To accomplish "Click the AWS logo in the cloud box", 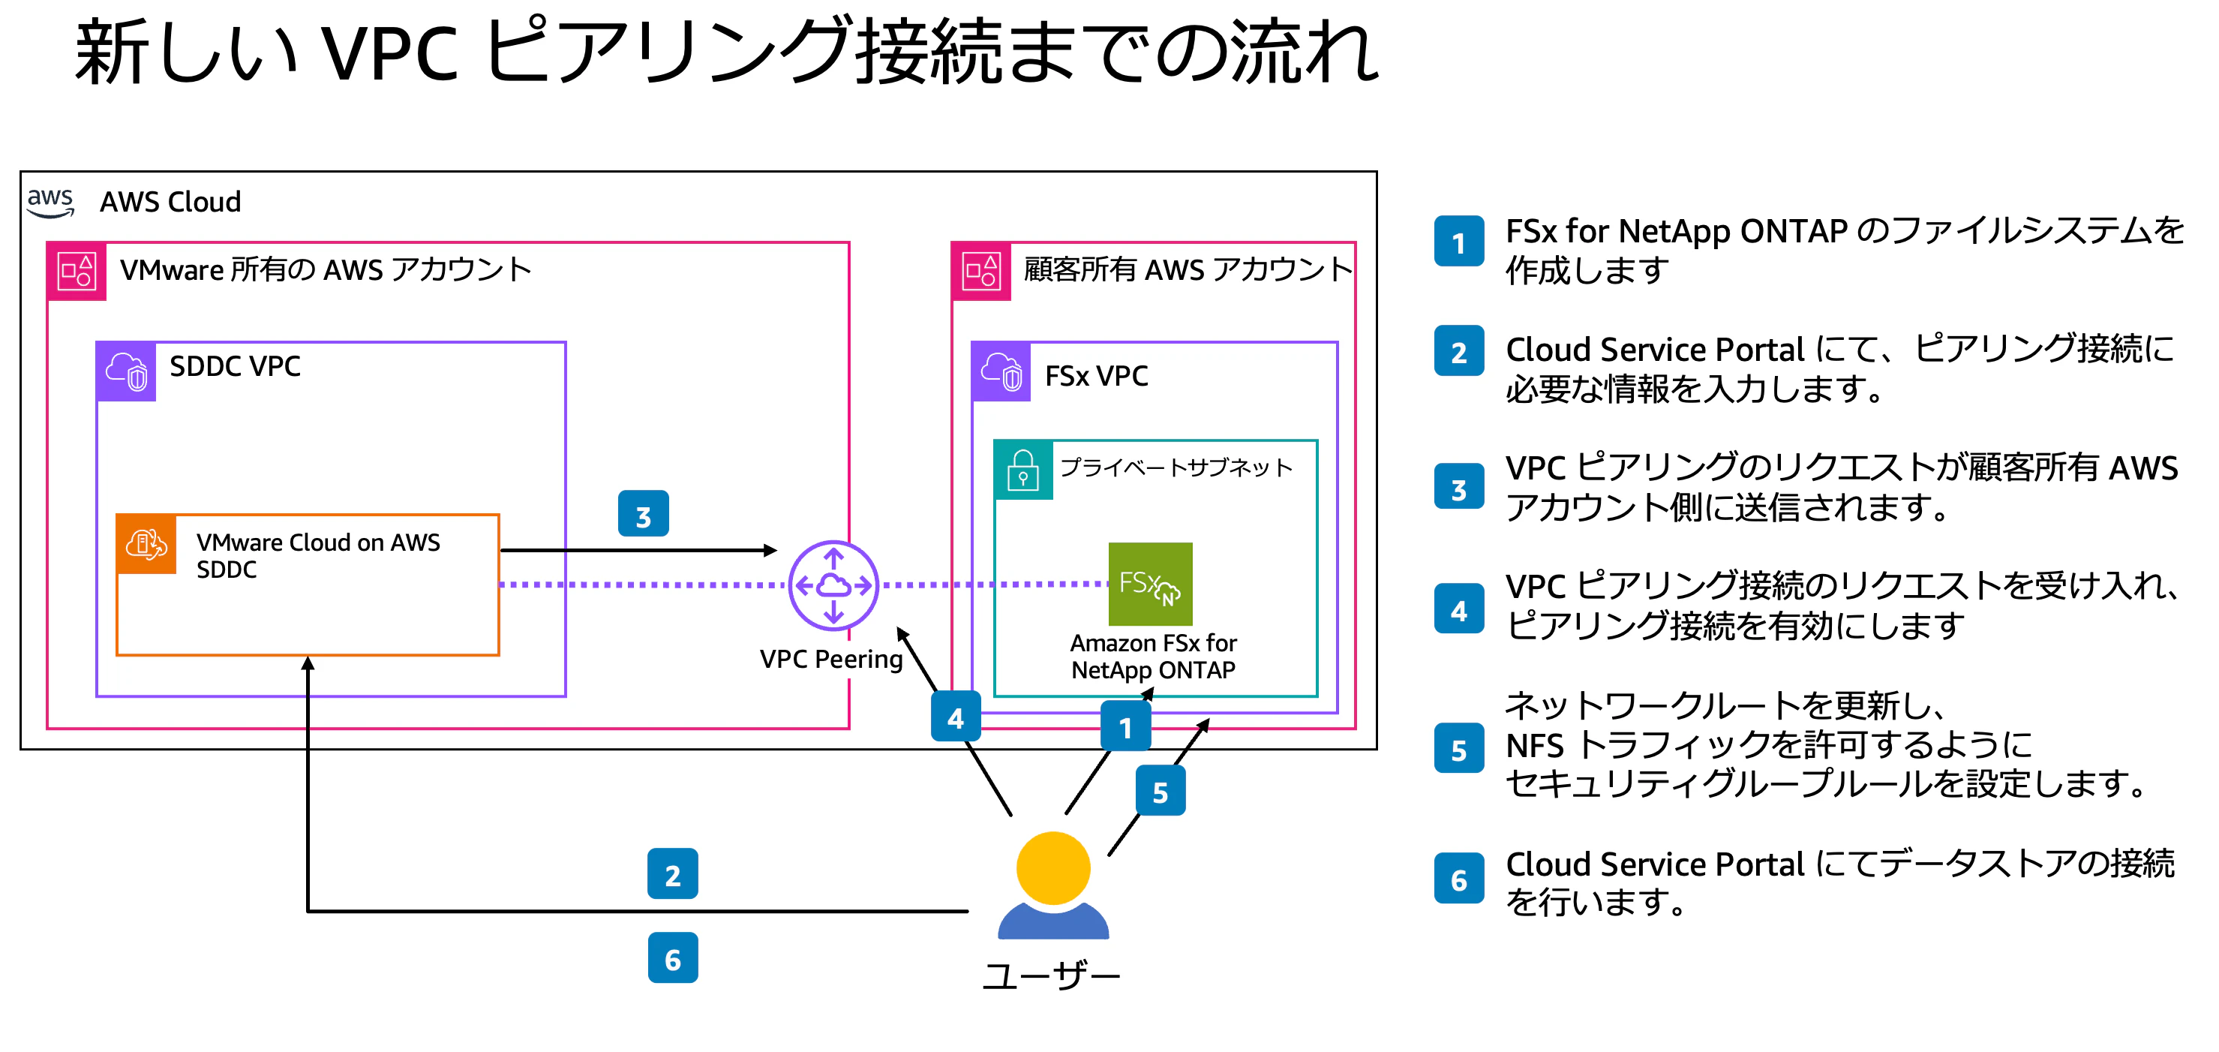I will tap(50, 202).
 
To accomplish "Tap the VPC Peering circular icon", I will tap(833, 586).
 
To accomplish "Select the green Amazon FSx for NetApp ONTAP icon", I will tap(1149, 583).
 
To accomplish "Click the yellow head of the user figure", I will tap(1052, 867).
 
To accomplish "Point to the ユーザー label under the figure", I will tap(1052, 976).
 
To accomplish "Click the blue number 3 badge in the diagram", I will tap(643, 514).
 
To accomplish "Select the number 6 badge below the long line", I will tap(672, 958).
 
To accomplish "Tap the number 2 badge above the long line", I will tap(672, 874).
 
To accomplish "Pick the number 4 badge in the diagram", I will tap(955, 717).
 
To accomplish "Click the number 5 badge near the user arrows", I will tap(1160, 791).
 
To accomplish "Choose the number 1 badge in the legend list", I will tap(1458, 242).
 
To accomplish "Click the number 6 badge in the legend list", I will tap(1458, 879).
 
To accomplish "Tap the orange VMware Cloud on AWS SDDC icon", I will tap(146, 545).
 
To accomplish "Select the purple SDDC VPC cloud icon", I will tap(126, 371).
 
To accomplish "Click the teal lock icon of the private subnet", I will tap(1022, 470).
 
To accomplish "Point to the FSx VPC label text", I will tap(1096, 376).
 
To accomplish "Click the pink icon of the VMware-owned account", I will tap(77, 272).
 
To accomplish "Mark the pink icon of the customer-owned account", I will tap(981, 272).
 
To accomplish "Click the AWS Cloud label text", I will tap(170, 202).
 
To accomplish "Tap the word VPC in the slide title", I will tap(389, 53).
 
